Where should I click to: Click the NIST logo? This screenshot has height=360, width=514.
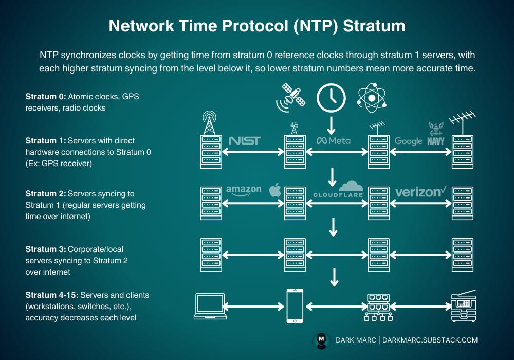245,140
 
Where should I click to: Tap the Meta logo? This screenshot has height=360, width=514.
334,140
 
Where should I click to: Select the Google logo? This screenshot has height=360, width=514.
408,141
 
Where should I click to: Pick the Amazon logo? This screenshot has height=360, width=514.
244,191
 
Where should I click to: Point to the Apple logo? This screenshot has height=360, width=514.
276,190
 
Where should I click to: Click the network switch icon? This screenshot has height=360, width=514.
378,307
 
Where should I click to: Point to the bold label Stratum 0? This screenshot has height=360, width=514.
46,96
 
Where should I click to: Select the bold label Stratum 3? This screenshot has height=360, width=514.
46,249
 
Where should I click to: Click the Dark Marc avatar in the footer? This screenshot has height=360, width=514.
321,340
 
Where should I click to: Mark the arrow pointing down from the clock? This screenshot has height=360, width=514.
331,124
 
